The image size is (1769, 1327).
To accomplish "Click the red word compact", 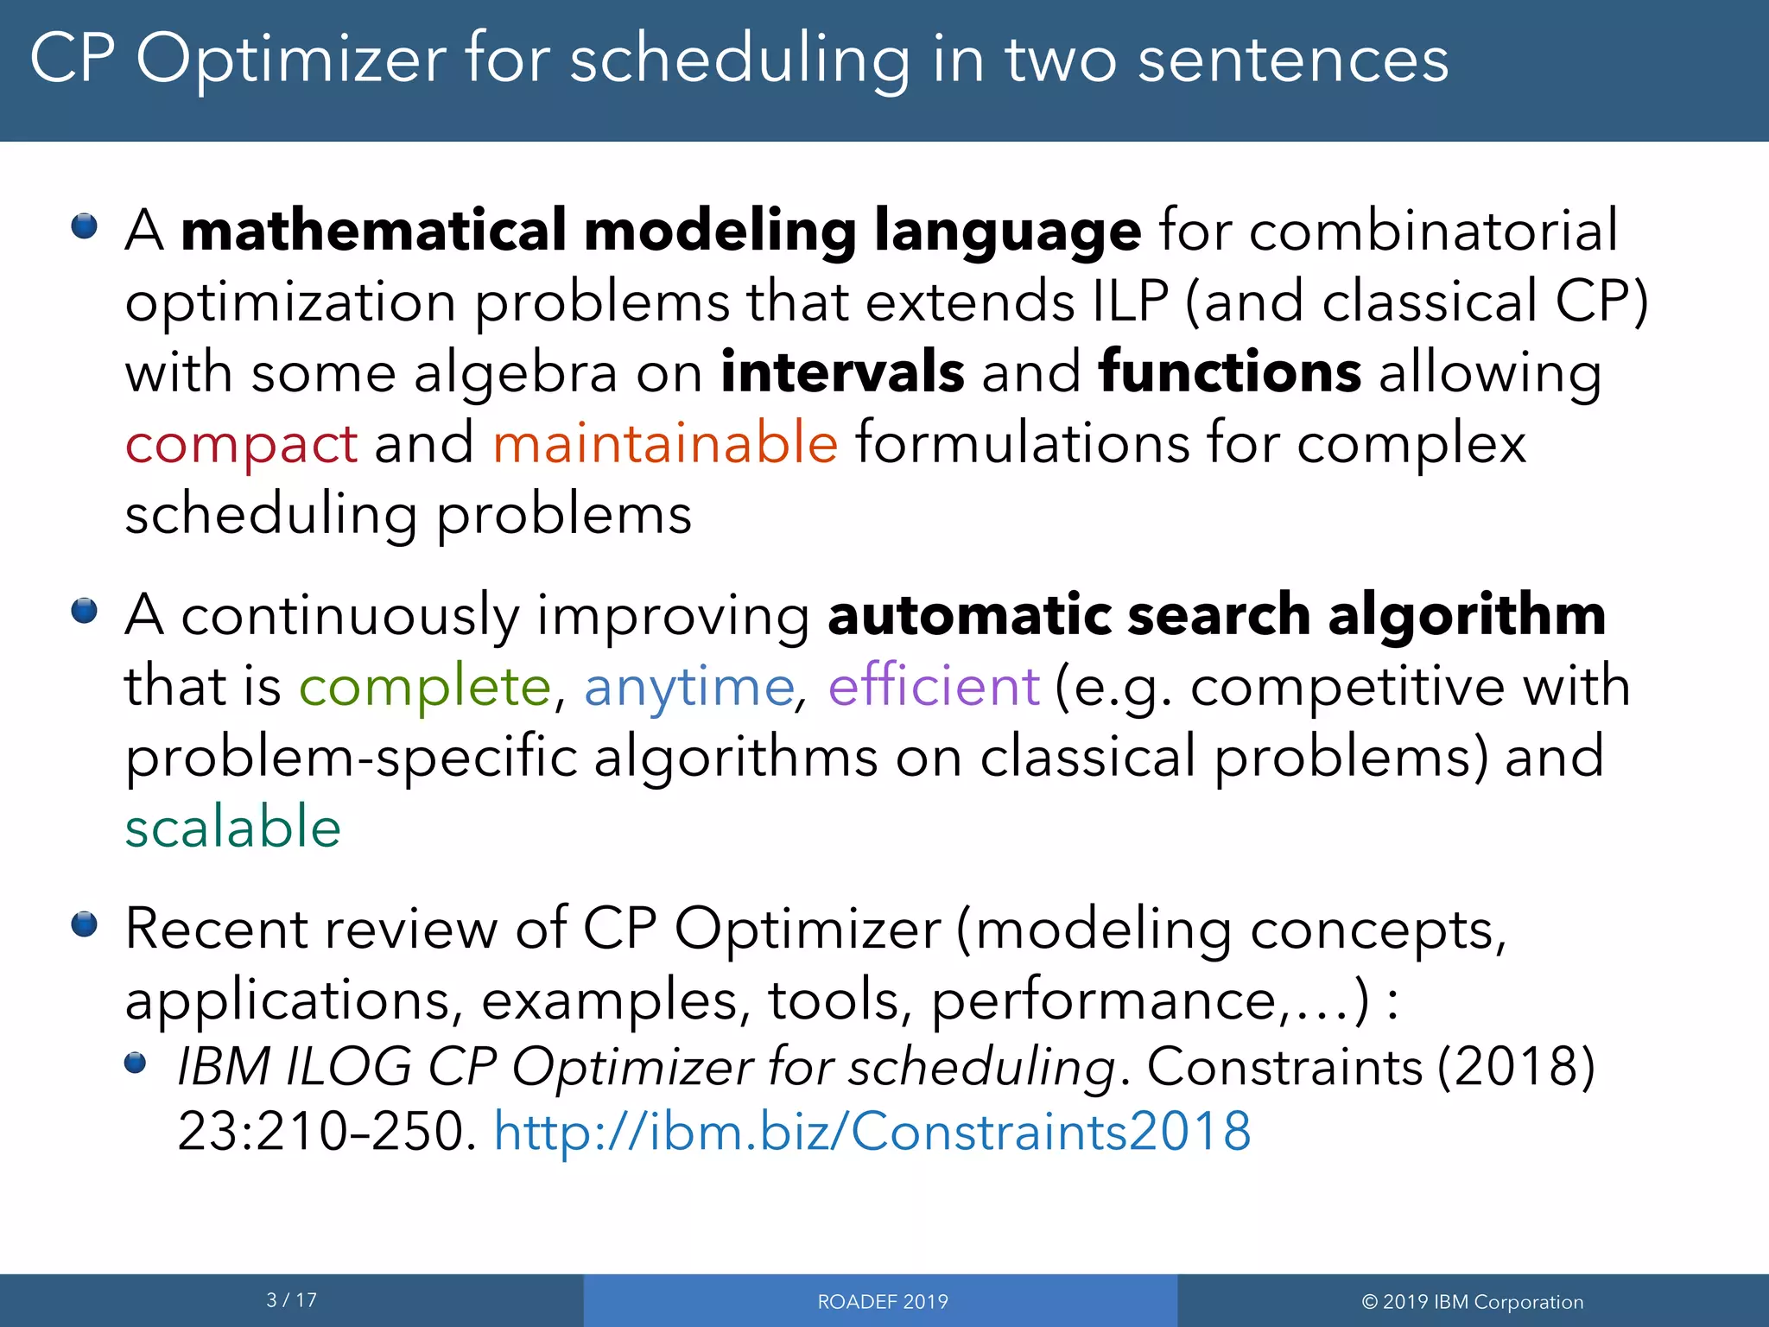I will (241, 444).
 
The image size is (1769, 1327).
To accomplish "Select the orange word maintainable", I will (665, 442).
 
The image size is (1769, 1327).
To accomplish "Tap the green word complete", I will (424, 688).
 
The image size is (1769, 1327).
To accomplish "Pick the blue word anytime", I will (688, 688).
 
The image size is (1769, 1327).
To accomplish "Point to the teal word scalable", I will (233, 827).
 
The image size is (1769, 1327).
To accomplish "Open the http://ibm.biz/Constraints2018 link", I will (872, 1131).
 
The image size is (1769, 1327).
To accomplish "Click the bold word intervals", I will (842, 372).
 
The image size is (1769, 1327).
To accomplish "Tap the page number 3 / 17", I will (292, 1300).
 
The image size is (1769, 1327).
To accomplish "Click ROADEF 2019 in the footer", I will (883, 1302).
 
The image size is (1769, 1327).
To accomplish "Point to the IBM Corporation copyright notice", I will (1472, 1302).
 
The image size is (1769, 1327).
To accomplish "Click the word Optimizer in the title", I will (291, 60).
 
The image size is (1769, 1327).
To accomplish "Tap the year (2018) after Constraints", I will (1515, 1066).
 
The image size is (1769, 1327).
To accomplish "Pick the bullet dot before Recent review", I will (85, 925).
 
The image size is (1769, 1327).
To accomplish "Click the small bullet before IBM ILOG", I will (136, 1063).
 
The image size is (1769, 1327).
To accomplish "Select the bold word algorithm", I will (1467, 615).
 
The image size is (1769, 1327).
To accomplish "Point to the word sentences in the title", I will (1293, 60).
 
